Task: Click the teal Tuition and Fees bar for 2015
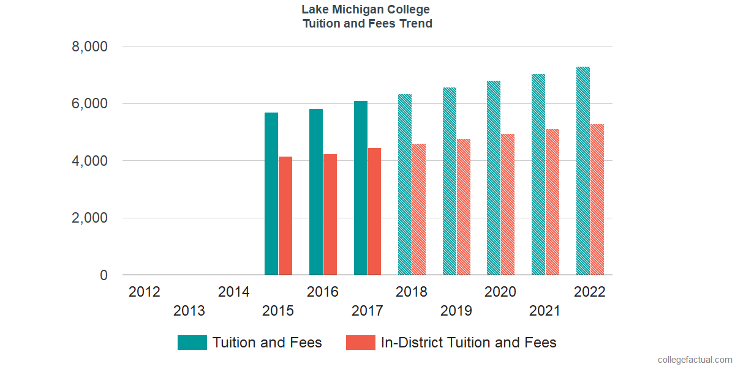tap(271, 194)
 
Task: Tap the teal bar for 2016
tap(316, 192)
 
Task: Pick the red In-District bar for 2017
tap(374, 212)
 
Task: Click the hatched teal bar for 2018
tap(405, 185)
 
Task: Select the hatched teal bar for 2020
tap(494, 178)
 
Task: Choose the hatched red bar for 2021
tap(552, 202)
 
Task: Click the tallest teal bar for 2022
tap(582, 171)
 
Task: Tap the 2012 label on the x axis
tap(145, 292)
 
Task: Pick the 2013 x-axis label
tap(189, 311)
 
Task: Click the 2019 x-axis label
tap(456, 311)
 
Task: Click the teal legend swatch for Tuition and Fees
tap(192, 343)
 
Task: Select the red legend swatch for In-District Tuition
tap(360, 343)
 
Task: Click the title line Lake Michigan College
tap(366, 10)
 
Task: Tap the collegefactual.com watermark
tap(695, 360)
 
